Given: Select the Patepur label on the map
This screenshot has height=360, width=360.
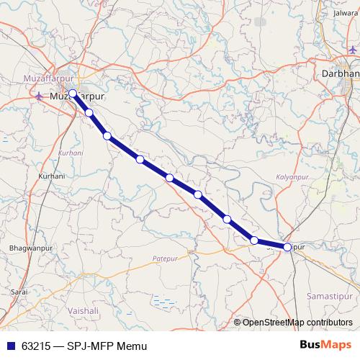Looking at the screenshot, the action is [164, 257].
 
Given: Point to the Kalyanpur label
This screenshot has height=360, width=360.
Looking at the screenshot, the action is [292, 176].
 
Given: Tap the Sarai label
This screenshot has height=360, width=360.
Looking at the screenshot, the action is [19, 292].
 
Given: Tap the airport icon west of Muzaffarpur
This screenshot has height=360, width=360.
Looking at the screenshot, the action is [39, 95].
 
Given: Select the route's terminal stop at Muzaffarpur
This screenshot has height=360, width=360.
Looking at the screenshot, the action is [73, 93].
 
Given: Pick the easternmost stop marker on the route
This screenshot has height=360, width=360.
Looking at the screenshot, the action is [287, 247].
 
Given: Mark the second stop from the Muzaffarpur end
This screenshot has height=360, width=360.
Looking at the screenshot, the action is [89, 112].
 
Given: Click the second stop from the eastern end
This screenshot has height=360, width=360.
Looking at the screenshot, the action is [254, 240].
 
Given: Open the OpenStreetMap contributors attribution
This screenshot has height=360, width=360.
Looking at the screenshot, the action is [297, 322].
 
